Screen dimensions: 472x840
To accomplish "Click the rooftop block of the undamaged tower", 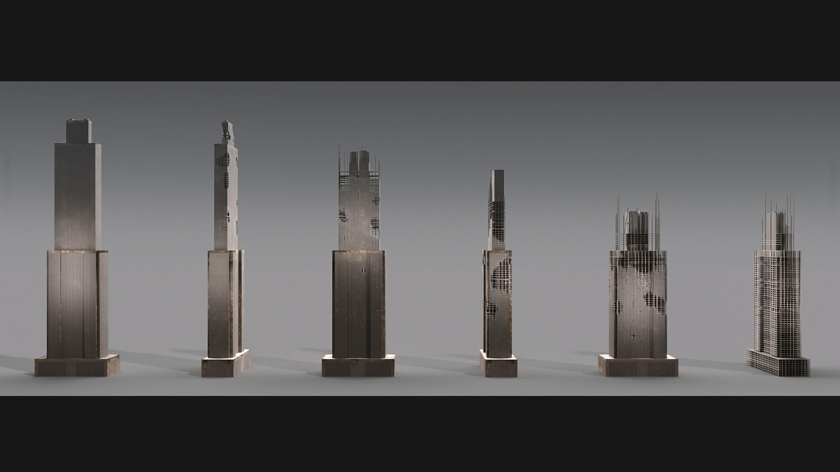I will tap(79, 130).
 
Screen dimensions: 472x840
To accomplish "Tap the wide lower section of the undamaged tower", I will tap(77, 302).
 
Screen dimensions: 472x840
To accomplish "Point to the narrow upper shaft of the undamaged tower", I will tap(78, 197).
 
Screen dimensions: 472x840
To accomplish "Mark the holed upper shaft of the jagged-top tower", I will tap(226, 197).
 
